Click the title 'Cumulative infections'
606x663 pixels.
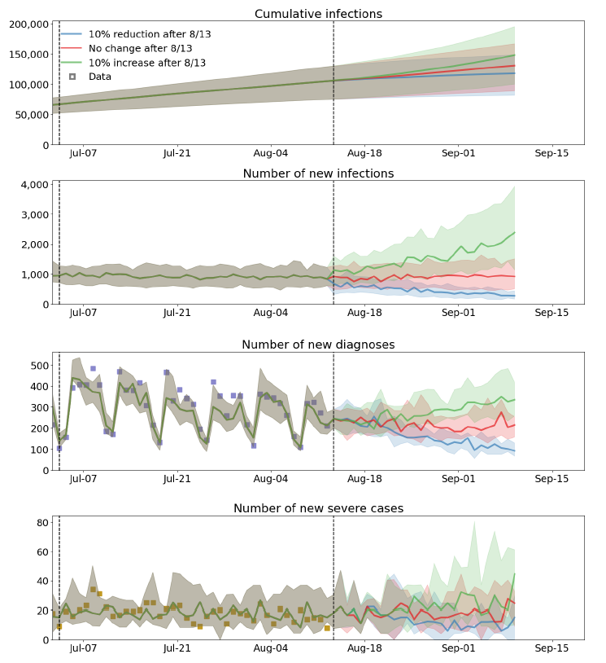318,14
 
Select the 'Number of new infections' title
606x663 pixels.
318,173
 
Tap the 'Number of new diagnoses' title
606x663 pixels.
318,345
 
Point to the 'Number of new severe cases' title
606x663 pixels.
318,508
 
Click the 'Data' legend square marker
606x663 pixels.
72,77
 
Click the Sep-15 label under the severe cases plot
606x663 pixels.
552,648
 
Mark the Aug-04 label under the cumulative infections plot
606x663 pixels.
271,153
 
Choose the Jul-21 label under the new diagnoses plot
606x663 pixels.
177,479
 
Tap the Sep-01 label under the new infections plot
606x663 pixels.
458,313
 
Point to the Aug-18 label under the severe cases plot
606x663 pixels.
364,648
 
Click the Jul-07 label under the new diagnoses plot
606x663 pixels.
84,479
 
